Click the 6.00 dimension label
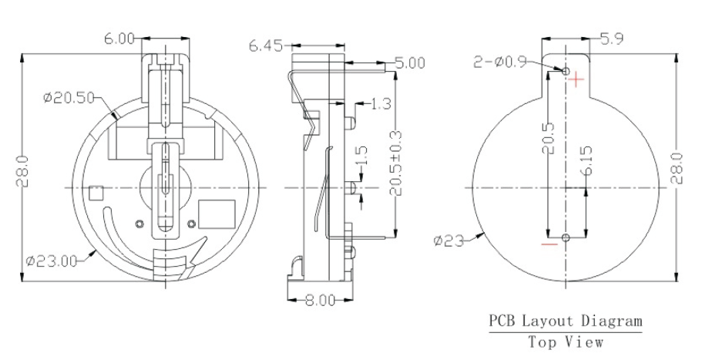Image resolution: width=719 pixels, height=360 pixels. [x=121, y=39]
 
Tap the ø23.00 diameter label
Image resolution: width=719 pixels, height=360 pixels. [x=51, y=261]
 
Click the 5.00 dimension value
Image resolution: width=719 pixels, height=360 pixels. [x=409, y=63]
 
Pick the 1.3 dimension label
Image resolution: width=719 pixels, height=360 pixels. [x=380, y=103]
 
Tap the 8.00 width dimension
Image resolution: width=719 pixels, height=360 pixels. [x=320, y=301]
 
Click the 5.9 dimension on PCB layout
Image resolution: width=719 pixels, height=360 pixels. [x=614, y=39]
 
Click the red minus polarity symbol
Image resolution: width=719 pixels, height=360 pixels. [x=549, y=245]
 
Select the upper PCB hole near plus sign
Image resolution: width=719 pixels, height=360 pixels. [x=566, y=72]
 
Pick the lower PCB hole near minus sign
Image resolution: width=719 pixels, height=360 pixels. [x=566, y=237]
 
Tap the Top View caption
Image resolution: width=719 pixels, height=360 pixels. [x=566, y=341]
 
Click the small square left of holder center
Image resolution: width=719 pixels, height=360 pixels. [x=96, y=193]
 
